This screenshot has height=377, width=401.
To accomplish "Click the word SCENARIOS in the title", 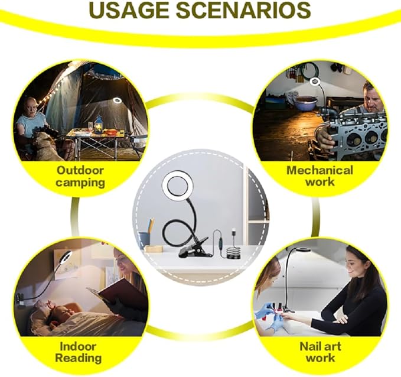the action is tap(243, 10).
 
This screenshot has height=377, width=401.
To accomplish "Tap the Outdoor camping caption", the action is tap(80, 177).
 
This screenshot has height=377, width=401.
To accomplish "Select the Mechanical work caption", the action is tap(320, 176).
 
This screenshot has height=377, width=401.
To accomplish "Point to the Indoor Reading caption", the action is tap(79, 352).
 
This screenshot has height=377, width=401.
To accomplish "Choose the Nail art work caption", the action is tap(320, 352).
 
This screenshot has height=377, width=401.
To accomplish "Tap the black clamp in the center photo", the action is tap(194, 248).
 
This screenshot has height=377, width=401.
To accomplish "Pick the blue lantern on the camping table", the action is tap(99, 125).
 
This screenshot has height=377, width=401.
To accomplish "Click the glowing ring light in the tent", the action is tap(118, 100).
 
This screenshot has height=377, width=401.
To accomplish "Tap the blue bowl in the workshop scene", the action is tap(305, 103).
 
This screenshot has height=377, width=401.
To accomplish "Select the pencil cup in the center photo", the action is tap(144, 239).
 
